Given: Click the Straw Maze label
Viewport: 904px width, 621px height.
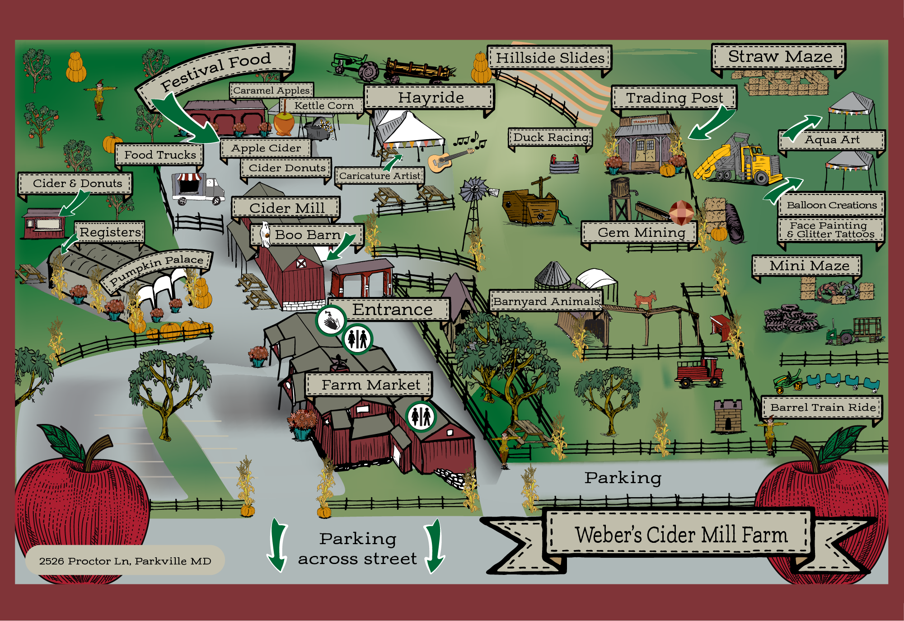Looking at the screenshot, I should [779, 57].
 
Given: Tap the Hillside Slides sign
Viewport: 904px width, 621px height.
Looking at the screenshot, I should [550, 58].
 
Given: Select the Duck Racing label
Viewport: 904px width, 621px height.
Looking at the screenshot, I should [551, 137].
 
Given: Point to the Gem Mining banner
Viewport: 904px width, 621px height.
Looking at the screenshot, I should [641, 233].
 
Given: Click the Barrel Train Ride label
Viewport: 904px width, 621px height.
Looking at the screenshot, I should [822, 407].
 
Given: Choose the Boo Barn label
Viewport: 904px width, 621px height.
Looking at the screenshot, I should [308, 235].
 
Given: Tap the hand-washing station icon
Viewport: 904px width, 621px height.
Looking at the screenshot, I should [331, 320].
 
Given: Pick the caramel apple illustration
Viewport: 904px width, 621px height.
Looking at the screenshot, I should [284, 124].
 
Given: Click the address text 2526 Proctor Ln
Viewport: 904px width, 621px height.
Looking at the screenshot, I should [125, 561].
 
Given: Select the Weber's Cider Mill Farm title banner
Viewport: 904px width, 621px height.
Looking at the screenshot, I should [680, 535].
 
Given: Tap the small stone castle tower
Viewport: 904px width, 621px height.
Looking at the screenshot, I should [727, 416].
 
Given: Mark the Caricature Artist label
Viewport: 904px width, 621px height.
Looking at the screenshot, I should [379, 176].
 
